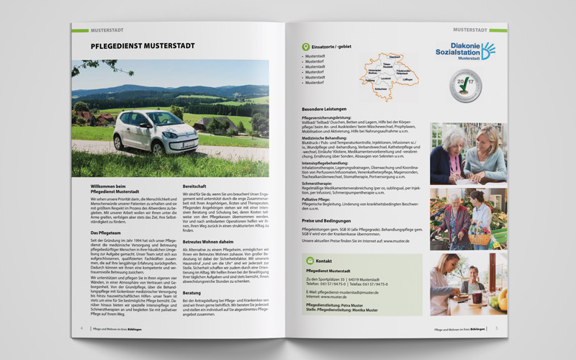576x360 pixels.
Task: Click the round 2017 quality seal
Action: tap(465, 87)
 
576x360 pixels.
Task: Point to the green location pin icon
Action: tap(305, 47)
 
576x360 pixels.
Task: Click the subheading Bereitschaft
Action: tap(197, 186)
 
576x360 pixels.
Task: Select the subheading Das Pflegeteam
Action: tap(106, 233)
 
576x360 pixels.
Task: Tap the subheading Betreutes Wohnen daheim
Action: tap(212, 242)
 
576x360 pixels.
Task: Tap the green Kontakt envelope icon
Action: tap(310, 260)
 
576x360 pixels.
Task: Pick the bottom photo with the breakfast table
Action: tap(468, 283)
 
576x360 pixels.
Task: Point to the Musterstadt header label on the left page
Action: tap(109, 30)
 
